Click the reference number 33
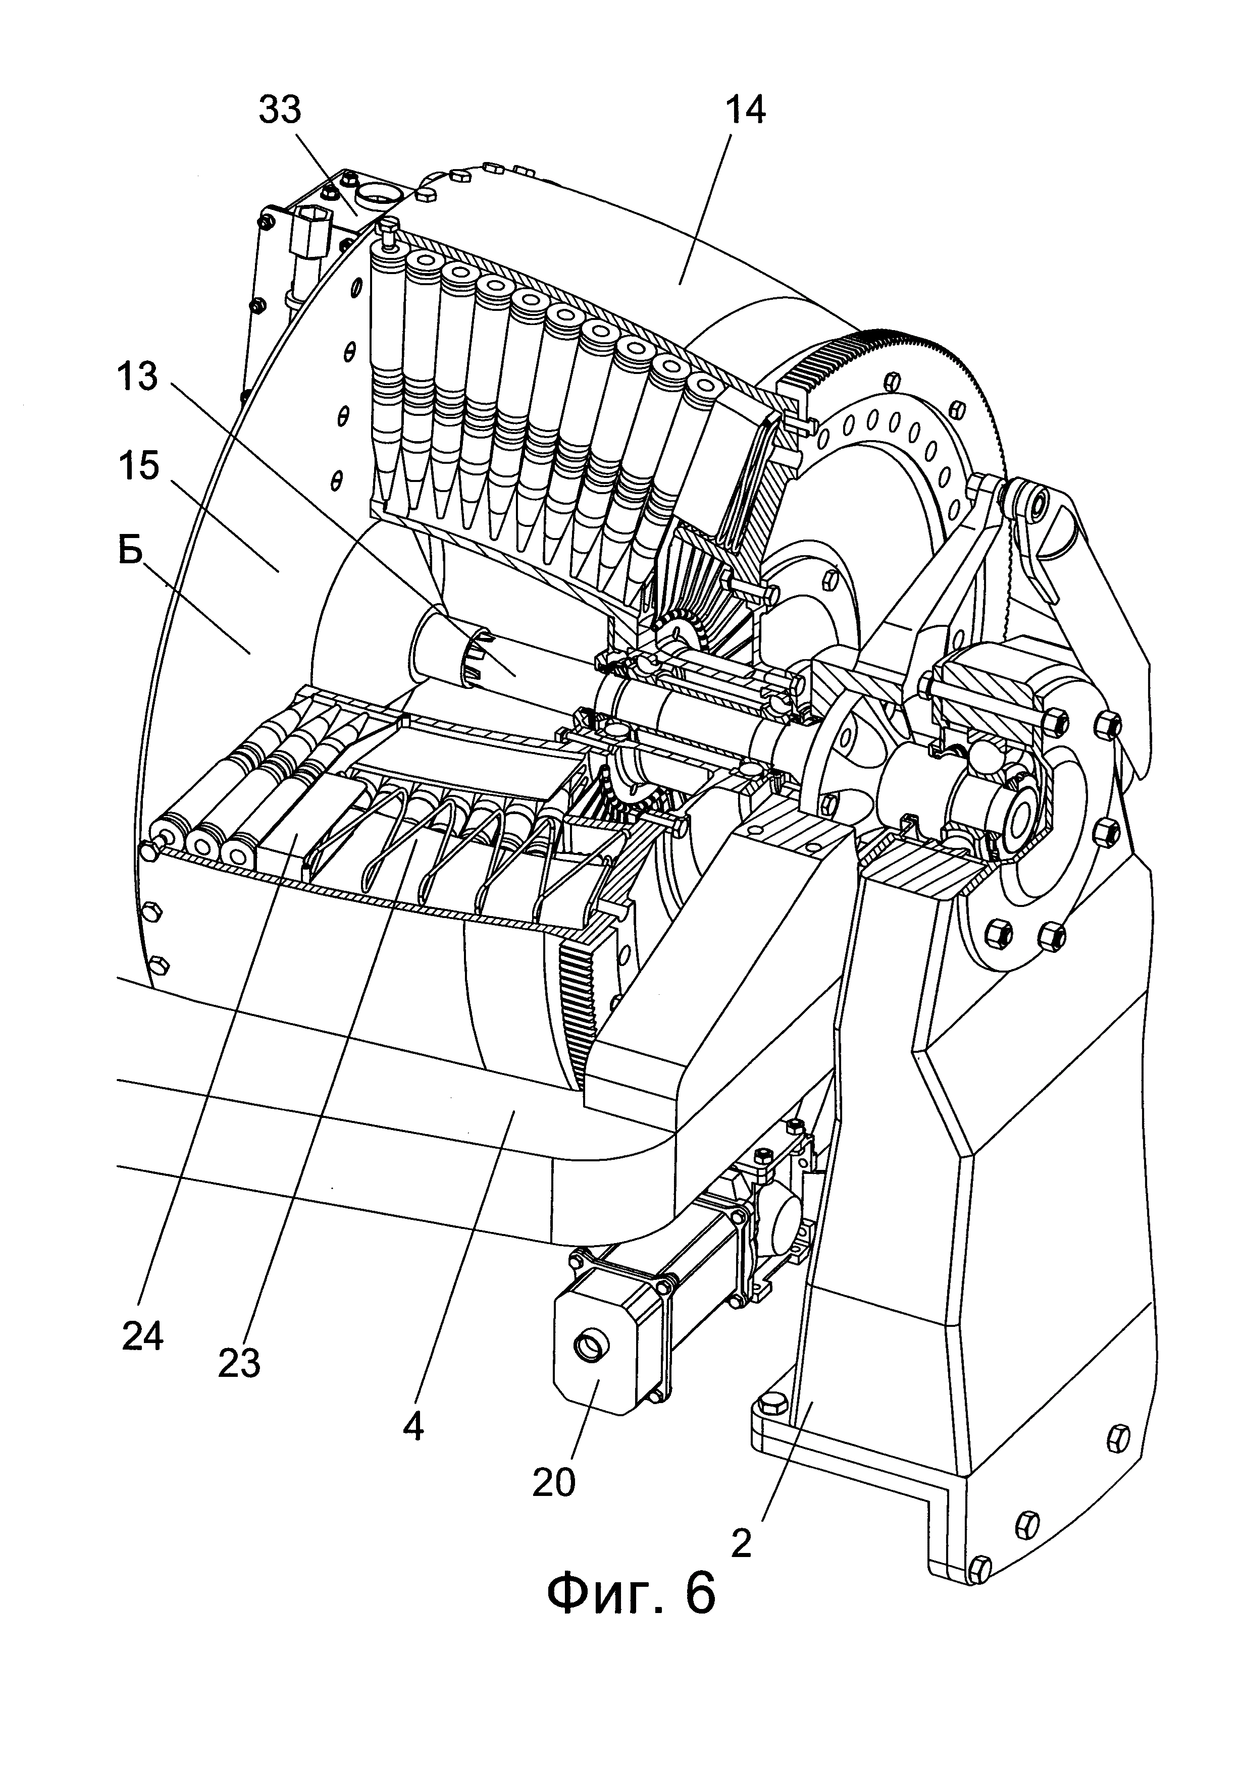(x=279, y=112)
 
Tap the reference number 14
(x=746, y=112)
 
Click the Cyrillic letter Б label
(x=131, y=552)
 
